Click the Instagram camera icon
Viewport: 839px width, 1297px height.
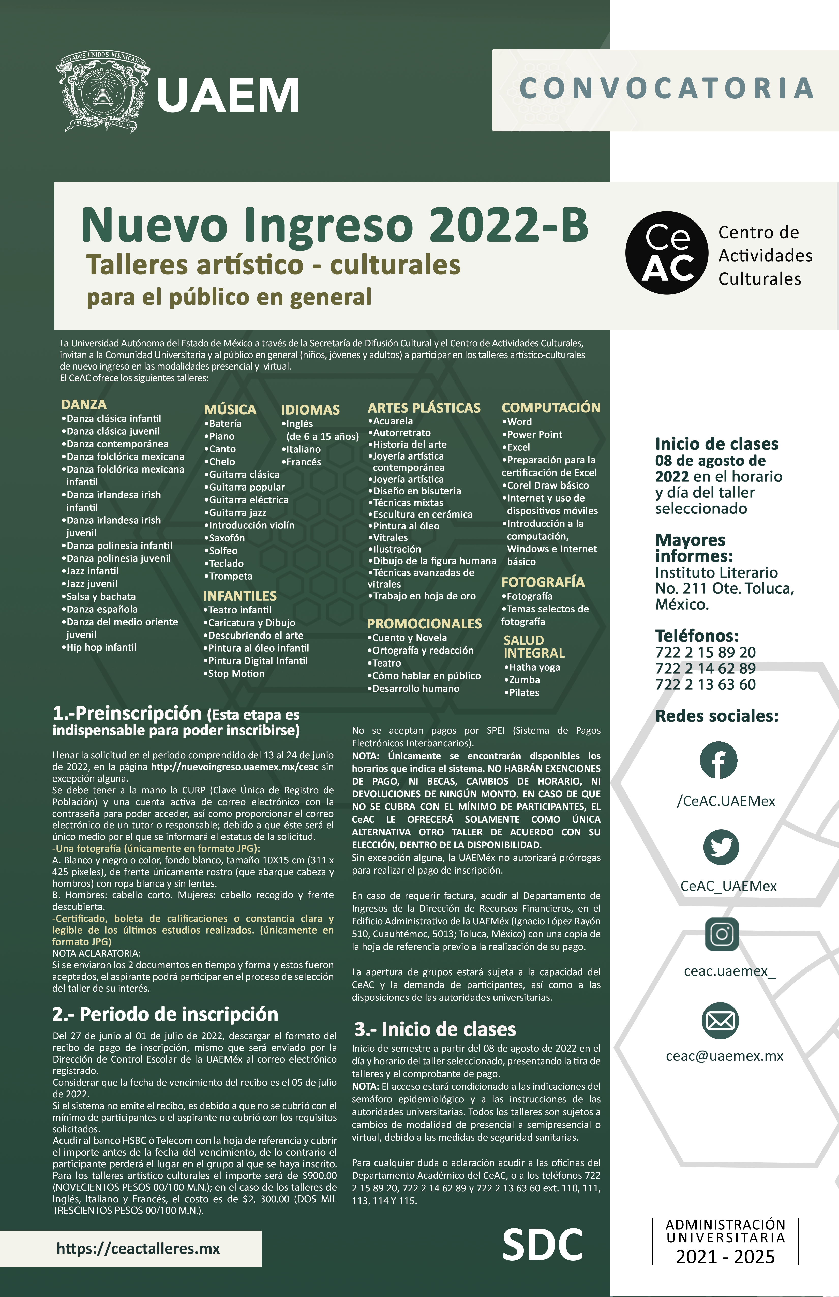tap(722, 934)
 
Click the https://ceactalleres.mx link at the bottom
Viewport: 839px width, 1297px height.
tap(138, 1248)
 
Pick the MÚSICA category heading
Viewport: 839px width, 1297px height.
tap(230, 410)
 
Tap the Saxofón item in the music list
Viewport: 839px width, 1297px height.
tap(227, 538)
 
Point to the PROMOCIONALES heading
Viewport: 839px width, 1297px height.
tap(424, 623)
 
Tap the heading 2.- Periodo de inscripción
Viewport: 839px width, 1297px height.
tap(165, 1015)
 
